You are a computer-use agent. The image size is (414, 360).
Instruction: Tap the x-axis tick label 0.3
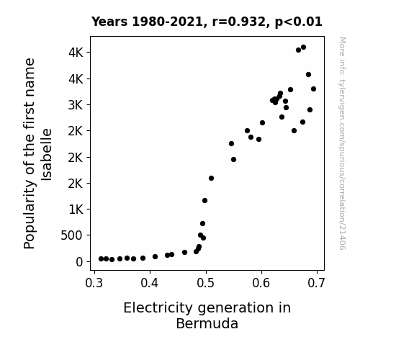pyautogui.click(x=94, y=283)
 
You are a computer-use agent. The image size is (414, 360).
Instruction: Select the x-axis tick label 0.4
pyautogui.click(x=150, y=283)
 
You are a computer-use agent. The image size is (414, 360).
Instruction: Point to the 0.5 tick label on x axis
pyautogui.click(x=205, y=283)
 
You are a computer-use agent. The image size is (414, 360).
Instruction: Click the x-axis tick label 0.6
pyautogui.click(x=261, y=283)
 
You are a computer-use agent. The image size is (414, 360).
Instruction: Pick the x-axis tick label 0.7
pyautogui.click(x=317, y=283)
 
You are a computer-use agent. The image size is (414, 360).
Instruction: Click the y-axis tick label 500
pyautogui.click(x=72, y=235)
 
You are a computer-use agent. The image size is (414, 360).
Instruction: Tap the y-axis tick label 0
pyautogui.click(x=79, y=262)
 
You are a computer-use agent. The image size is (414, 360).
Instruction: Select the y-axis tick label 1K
pyautogui.click(x=76, y=210)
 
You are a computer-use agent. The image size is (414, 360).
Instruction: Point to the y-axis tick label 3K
pyautogui.click(x=76, y=105)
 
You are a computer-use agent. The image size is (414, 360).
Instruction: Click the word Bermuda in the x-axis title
pyautogui.click(x=207, y=323)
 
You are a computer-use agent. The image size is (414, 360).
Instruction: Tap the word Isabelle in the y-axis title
pyautogui.click(x=47, y=155)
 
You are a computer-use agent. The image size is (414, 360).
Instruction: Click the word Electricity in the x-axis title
pyautogui.click(x=158, y=308)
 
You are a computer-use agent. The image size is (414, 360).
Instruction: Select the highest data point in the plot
pyautogui.click(x=303, y=48)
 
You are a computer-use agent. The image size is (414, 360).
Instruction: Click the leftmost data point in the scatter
pyautogui.click(x=101, y=259)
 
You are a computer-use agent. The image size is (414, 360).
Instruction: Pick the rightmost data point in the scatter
pyautogui.click(x=313, y=89)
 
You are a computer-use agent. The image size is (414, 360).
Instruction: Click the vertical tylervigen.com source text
pyautogui.click(x=342, y=143)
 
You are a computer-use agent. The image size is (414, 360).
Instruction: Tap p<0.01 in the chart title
pyautogui.click(x=299, y=22)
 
